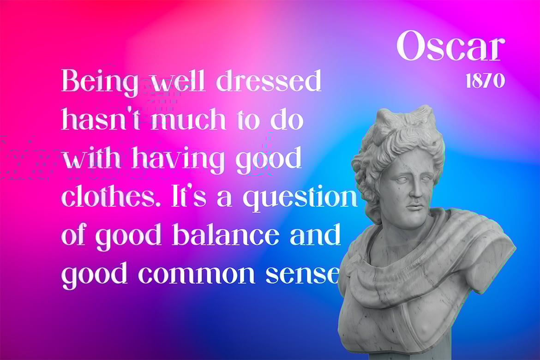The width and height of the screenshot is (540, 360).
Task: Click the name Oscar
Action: click(x=450, y=46)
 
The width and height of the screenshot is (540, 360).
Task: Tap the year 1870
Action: click(x=485, y=81)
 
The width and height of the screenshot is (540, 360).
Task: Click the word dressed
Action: click(x=269, y=81)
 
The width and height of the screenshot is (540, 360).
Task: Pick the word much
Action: click(x=188, y=119)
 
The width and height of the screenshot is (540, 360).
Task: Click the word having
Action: click(x=179, y=158)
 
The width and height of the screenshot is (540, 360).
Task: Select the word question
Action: click(x=300, y=198)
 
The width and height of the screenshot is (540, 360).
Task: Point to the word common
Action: click(x=197, y=274)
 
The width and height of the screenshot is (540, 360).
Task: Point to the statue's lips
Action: click(x=416, y=206)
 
